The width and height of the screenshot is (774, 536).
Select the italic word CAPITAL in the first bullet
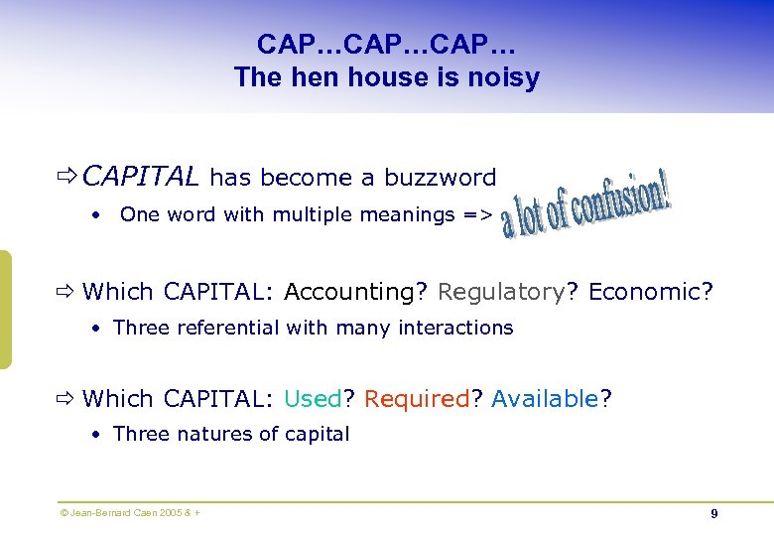coord(142,178)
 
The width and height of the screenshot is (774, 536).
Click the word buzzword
coord(441,178)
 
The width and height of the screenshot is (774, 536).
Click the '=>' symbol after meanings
coord(477,215)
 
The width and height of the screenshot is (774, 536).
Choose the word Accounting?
coord(356,292)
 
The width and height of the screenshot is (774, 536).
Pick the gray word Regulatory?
coord(508,292)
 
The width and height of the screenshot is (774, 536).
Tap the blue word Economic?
coord(651,292)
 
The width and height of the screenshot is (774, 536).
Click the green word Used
coord(313,399)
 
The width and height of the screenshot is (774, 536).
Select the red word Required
coord(417,399)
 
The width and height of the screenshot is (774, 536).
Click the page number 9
coord(714,514)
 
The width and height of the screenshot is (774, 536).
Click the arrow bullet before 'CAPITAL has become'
coord(67,178)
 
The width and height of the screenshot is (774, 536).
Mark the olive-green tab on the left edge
coord(5,309)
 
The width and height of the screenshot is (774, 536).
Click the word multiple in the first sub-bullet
coord(308,215)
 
